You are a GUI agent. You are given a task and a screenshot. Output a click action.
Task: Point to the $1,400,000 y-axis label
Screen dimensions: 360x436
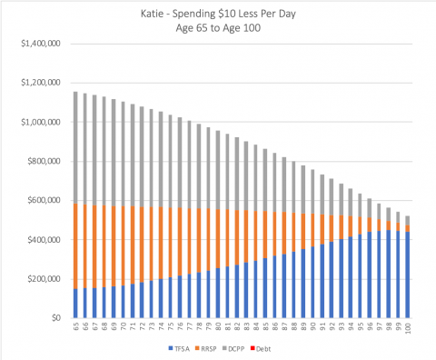point(39,44)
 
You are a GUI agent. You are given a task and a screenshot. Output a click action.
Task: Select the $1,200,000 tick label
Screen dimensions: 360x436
point(39,83)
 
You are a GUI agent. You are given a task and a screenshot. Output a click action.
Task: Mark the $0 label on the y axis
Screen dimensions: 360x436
point(54,317)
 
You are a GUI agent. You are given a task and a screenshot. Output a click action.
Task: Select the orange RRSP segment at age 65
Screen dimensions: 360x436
point(74,245)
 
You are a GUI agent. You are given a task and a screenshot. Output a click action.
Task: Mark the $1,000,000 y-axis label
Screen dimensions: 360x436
point(39,122)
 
